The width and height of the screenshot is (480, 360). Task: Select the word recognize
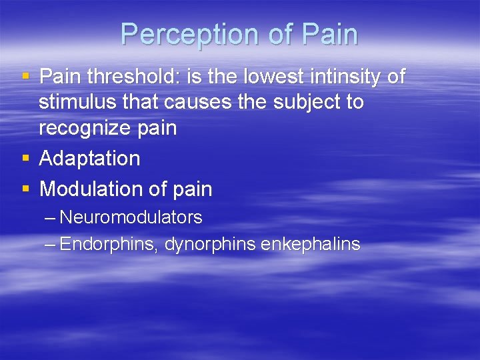[x=83, y=128]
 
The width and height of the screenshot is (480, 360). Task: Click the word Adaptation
[x=90, y=159]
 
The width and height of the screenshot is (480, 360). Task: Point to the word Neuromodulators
[x=131, y=217]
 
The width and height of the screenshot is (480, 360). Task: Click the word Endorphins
[x=109, y=244]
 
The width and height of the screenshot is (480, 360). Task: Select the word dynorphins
[x=210, y=244]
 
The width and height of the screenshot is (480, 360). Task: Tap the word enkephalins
[x=310, y=244]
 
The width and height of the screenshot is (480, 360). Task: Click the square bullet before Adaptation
[x=26, y=159]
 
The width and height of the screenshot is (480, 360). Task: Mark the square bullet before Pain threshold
[x=26, y=77]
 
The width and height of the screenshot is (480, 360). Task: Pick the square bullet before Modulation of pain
[x=26, y=189]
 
